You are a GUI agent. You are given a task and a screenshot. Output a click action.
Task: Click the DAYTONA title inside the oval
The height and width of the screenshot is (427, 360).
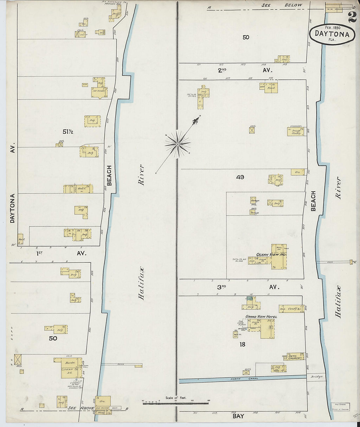332,34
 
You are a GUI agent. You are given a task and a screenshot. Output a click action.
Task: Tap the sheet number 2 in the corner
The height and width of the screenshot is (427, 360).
352,17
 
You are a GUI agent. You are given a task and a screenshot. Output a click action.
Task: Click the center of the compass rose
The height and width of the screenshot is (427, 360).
177,144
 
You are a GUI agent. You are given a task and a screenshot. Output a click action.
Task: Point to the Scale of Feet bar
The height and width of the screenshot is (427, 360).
176,403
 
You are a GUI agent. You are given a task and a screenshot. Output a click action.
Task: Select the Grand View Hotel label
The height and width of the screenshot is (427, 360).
261,317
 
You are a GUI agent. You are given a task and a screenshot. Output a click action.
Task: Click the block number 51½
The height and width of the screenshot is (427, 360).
68,132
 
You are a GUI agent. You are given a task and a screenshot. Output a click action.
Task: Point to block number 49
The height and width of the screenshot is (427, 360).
240,177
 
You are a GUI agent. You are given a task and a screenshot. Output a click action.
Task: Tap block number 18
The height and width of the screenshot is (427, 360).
242,344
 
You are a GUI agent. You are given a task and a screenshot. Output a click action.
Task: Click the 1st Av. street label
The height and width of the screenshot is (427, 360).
60,253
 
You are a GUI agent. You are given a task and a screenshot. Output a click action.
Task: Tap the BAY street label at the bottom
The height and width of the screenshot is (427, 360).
238,416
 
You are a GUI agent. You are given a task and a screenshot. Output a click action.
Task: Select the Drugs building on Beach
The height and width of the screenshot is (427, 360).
297,132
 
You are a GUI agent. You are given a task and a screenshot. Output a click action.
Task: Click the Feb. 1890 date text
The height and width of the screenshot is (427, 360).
332,27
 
